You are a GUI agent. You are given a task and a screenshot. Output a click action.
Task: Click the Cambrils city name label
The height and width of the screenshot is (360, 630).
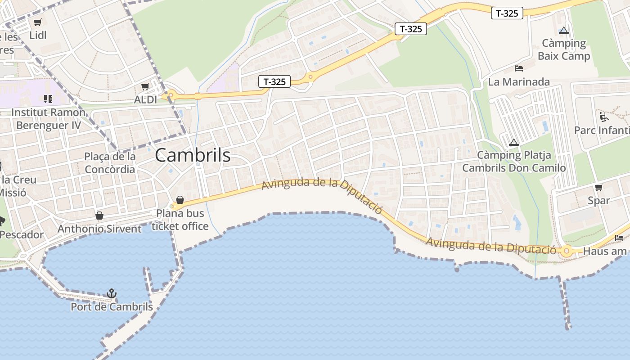(193, 156)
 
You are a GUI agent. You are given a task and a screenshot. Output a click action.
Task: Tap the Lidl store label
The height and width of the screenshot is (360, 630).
(38, 35)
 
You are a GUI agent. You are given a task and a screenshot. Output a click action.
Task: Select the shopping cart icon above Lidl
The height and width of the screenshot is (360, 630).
(38, 22)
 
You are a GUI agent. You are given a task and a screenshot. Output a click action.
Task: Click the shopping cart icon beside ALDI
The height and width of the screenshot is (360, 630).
(145, 86)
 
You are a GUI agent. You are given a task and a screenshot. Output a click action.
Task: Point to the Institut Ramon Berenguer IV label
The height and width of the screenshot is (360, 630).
(49, 119)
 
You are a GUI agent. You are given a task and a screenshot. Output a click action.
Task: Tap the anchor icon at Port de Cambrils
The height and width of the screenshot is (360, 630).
(112, 293)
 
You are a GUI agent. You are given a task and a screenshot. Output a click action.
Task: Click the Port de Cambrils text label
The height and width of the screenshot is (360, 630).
(112, 307)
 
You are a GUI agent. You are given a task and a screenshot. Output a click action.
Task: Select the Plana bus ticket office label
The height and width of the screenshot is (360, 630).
(180, 220)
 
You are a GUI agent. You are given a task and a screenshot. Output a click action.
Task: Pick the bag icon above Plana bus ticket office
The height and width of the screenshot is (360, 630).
(180, 199)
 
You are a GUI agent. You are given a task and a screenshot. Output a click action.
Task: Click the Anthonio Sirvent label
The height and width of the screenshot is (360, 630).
(99, 229)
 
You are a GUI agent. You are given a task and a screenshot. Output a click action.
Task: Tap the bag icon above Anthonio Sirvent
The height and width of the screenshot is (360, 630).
(99, 216)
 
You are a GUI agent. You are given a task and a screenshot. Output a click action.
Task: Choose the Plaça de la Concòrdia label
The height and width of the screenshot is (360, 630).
(110, 163)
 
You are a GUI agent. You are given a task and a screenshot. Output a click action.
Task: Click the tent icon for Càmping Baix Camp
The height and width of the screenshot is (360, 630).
(563, 31)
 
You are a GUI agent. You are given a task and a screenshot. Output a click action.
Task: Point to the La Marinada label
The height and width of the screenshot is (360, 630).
(519, 82)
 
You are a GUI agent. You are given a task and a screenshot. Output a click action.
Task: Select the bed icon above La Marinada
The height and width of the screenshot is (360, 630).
(519, 68)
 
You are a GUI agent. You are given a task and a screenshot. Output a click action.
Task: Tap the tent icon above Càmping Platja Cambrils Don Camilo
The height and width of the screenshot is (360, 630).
(513, 142)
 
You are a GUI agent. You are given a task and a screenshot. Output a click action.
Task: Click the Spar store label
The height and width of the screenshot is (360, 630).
(598, 201)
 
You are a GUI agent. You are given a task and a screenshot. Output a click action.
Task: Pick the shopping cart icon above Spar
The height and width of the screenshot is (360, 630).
(598, 187)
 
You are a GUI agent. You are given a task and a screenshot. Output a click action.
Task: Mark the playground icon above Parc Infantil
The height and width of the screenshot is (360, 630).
(604, 117)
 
